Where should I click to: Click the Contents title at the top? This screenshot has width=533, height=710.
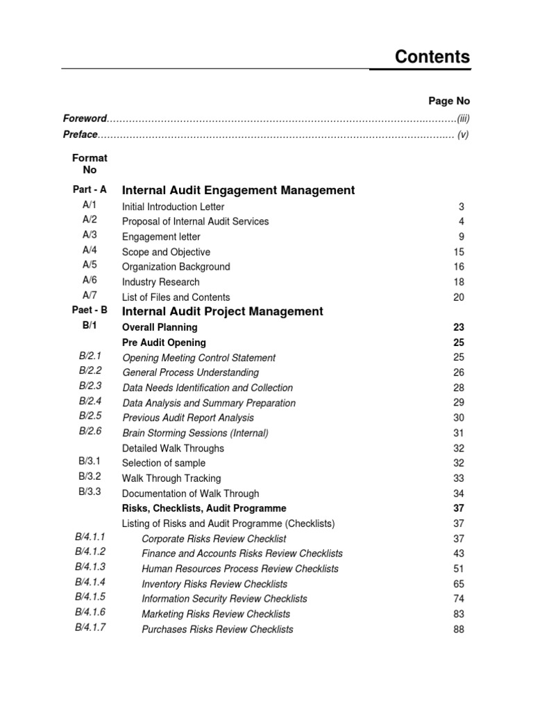pyautogui.click(x=432, y=57)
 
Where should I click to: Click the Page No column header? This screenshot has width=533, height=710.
pyautogui.click(x=449, y=101)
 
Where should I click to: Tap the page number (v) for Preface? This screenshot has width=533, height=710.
pyautogui.click(x=463, y=135)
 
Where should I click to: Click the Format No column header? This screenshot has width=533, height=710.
pyautogui.click(x=90, y=164)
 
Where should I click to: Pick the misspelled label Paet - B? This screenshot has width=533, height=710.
pyautogui.click(x=90, y=311)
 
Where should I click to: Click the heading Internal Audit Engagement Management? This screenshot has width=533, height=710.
pyautogui.click(x=238, y=190)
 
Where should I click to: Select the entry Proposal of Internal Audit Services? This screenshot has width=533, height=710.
pyautogui.click(x=195, y=221)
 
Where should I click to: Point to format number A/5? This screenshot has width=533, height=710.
pyautogui.click(x=90, y=265)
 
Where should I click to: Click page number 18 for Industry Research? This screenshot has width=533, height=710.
pyautogui.click(x=458, y=282)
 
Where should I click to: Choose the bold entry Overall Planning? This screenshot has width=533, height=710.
pyautogui.click(x=160, y=327)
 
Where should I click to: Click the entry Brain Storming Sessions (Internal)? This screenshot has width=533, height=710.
pyautogui.click(x=195, y=433)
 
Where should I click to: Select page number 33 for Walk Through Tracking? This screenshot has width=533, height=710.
pyautogui.click(x=458, y=478)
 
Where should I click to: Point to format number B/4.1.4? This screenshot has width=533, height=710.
pyautogui.click(x=90, y=582)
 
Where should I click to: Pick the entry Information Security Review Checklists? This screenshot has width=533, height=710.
pyautogui.click(x=224, y=598)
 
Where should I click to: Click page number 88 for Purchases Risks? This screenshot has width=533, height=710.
pyautogui.click(x=458, y=630)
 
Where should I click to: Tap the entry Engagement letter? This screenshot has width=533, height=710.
pyautogui.click(x=160, y=236)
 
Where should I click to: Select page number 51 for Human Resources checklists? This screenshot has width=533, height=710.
pyautogui.click(x=458, y=569)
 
